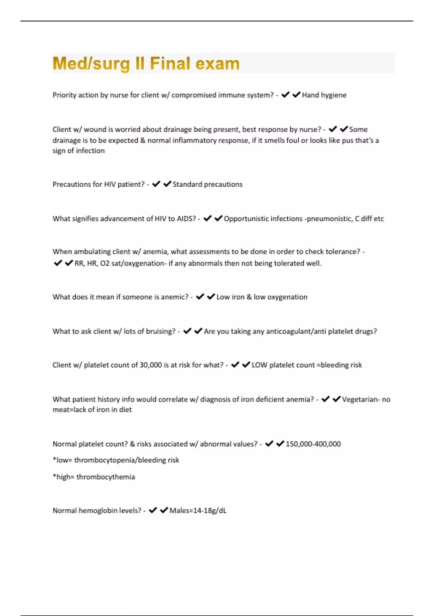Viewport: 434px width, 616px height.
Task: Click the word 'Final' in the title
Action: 170,63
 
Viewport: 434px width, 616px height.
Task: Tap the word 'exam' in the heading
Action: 218,63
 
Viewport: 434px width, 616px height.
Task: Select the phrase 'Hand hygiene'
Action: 324,95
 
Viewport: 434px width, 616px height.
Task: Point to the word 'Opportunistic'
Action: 245,218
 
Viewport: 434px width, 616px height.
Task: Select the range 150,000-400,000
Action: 313,444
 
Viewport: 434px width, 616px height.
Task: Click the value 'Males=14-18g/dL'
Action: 198,511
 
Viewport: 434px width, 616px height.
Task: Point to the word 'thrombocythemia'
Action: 106,477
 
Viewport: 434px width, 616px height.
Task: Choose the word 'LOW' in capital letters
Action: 259,365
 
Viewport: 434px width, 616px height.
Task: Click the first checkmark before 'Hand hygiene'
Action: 285,95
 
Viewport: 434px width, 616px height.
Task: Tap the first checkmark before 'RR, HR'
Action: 58,263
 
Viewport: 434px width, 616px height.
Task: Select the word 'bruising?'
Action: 160,331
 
